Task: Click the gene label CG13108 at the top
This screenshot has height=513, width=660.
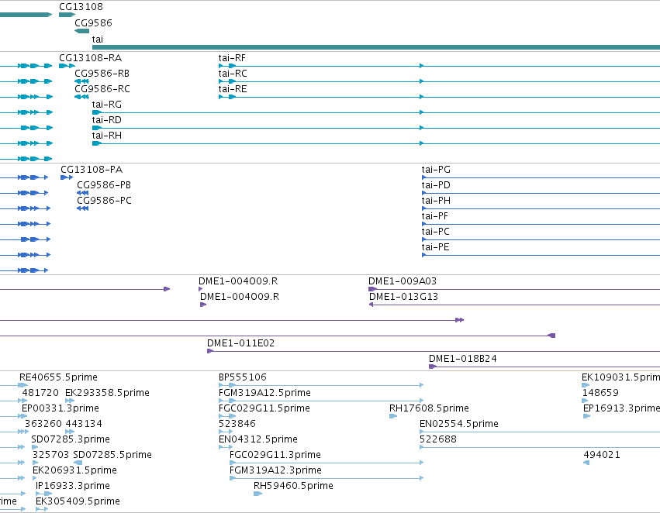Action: coord(81,7)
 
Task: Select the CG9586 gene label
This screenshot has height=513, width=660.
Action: coord(93,23)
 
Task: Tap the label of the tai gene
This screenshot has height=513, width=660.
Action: coord(97,39)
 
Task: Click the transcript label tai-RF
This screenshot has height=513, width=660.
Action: coord(232,58)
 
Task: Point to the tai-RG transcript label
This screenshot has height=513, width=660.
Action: coord(106,105)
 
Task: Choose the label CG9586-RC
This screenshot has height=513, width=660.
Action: coord(102,89)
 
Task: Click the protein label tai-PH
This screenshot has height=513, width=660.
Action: coord(436,201)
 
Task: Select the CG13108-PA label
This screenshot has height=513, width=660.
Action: coord(92,170)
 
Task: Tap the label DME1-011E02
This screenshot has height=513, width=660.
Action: coord(240,343)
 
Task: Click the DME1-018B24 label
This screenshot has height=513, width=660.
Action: coord(462,359)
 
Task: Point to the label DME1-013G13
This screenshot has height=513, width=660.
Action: coord(403,297)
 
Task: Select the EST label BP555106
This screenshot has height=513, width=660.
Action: coord(243,377)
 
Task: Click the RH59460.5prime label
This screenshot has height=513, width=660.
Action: coord(293,486)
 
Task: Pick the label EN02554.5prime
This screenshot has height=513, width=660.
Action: coord(459,424)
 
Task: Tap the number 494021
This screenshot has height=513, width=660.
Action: coord(602,455)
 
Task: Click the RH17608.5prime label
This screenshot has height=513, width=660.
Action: coord(429,408)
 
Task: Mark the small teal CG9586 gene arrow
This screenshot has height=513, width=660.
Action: coord(81,31)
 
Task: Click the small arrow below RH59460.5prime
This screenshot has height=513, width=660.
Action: coord(257,494)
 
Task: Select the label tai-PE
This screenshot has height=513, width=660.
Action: coord(435,247)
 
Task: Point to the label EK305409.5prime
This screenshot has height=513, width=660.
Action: coord(78,501)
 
